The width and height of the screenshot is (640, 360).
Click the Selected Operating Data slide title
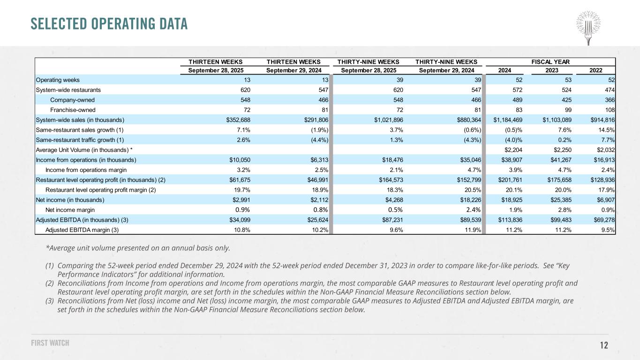pos(109,24)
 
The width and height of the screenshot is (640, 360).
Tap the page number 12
pos(604,345)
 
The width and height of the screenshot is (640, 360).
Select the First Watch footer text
pos(50,343)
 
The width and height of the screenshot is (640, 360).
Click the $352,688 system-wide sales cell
pos(238,120)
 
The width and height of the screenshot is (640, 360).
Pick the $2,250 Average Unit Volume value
pos(563,150)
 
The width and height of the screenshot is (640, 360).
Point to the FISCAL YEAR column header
pos(550,62)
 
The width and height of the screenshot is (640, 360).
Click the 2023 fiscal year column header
pos(552,70)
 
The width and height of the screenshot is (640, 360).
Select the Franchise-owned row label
pos(73,110)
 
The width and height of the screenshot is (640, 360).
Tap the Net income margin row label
pos(70,210)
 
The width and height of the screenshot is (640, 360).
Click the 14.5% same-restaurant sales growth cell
pos(607,130)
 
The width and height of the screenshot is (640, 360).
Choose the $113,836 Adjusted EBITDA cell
pos(510,220)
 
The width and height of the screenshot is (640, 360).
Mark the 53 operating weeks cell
pos(568,80)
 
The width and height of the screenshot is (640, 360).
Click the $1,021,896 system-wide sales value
pos(389,120)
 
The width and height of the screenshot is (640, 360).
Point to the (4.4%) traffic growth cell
pos(319,140)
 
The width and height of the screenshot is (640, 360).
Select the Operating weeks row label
pos(58,80)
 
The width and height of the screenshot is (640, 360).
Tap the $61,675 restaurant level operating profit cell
pos(240,180)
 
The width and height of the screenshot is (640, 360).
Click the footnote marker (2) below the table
pos(50,284)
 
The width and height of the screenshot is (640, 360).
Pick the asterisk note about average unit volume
pos(138,248)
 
